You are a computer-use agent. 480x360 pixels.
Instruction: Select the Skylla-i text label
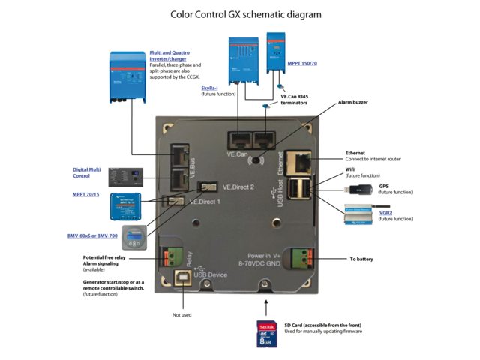coord(211,88)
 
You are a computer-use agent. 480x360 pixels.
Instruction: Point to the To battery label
coord(361,259)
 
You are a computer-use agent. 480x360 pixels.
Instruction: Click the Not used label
coord(182,315)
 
